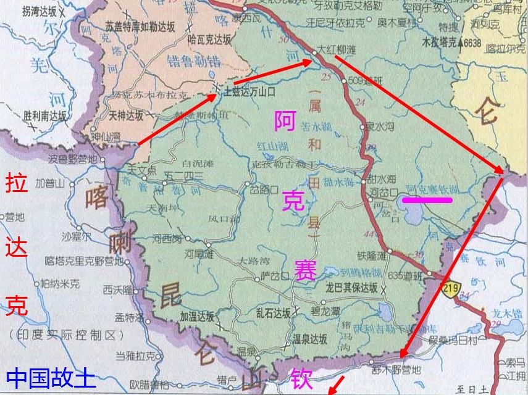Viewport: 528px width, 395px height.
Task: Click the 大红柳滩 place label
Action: tap(337, 48)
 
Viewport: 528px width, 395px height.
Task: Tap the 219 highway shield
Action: tap(449, 289)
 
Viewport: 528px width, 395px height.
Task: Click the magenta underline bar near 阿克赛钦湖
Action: tap(427, 199)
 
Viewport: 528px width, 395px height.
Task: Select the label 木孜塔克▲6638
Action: tap(451, 43)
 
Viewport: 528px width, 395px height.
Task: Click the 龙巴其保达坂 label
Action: tap(351, 288)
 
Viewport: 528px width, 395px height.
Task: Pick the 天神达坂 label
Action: tap(126, 115)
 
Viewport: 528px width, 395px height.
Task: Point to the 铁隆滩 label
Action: tap(371, 254)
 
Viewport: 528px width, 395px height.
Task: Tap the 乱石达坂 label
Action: tap(273, 313)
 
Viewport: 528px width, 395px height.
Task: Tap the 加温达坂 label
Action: tap(197, 316)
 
